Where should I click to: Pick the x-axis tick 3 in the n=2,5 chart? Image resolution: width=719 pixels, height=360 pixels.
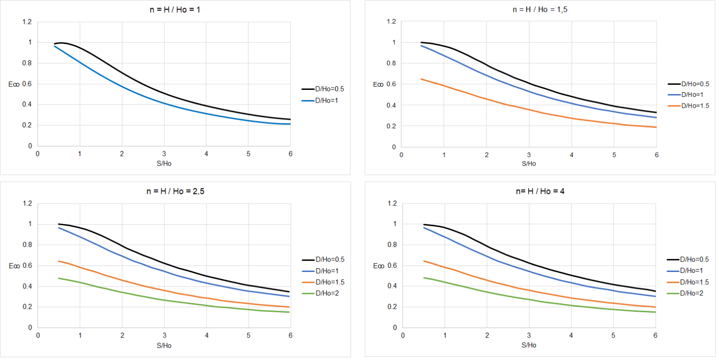point(164,336)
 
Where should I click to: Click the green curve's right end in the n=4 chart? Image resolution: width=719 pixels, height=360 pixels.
point(655,312)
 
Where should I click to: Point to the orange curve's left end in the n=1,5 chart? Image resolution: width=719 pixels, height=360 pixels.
point(421,79)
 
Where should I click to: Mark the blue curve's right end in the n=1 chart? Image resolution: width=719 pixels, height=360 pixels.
point(290,124)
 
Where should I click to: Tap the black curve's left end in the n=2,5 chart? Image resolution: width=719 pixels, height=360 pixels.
point(59,224)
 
